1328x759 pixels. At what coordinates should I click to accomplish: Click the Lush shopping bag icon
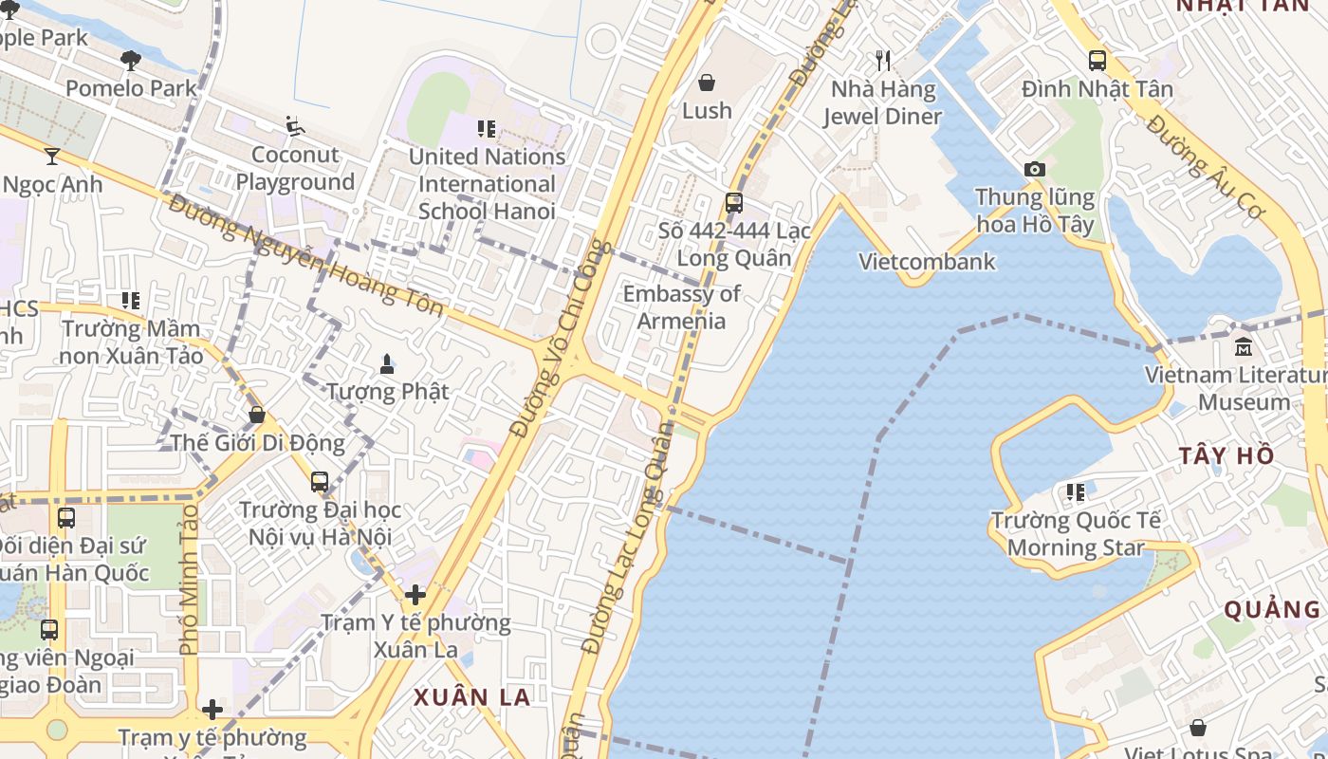[706, 83]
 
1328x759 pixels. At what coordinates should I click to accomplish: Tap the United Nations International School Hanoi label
[487, 183]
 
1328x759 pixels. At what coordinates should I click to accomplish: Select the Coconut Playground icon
[295, 125]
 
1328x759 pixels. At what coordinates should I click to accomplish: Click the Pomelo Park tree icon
[131, 61]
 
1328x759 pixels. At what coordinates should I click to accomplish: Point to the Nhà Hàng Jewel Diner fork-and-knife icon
[883, 61]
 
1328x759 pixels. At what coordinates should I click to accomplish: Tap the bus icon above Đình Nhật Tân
[1097, 61]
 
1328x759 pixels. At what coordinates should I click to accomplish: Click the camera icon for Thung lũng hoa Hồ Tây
[1034, 169]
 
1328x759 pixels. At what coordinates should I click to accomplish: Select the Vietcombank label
[927, 262]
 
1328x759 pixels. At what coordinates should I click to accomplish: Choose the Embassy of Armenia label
[681, 306]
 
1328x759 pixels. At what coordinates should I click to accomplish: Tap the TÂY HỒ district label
[1227, 455]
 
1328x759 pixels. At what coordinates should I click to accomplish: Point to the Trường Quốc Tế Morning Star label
[1076, 534]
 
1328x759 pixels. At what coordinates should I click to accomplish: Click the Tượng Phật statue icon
[387, 363]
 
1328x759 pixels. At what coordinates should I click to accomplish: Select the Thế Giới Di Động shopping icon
[256, 415]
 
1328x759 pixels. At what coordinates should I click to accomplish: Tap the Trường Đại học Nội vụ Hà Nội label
[320, 523]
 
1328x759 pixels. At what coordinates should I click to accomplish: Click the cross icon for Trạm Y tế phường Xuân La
[415, 595]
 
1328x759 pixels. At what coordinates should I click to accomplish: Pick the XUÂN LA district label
[471, 697]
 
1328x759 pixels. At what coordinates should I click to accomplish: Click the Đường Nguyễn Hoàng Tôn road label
[304, 257]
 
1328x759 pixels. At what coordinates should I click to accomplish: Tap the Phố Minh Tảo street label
[189, 578]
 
